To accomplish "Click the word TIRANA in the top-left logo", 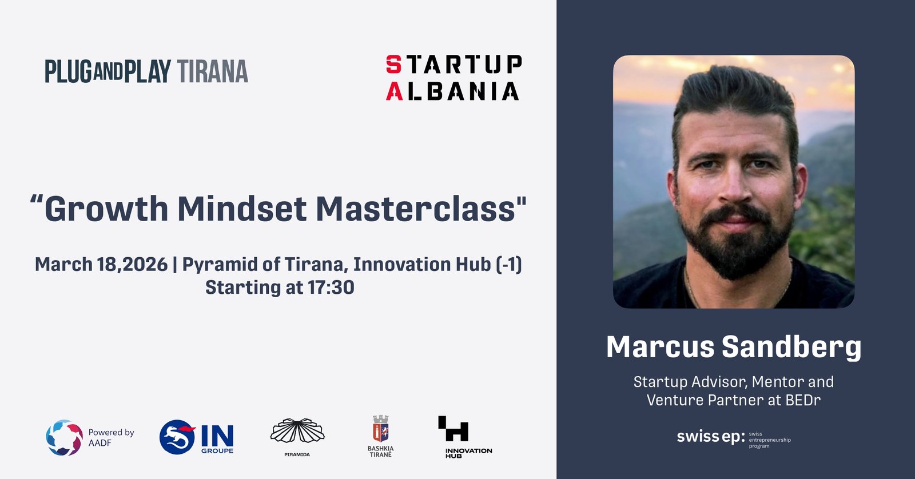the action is pyautogui.click(x=212, y=71).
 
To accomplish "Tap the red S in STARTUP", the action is pyautogui.click(x=394, y=65).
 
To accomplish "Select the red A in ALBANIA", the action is pyautogui.click(x=394, y=91).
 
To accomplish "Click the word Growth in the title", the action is pyautogui.click(x=106, y=209).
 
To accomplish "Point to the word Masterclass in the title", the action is pyautogui.click(x=415, y=209).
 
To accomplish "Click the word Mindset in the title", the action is pyautogui.click(x=242, y=209).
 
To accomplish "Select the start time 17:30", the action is pyautogui.click(x=331, y=287).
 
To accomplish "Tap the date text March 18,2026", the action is pyautogui.click(x=101, y=265).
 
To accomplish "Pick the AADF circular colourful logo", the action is pyautogui.click(x=64, y=437).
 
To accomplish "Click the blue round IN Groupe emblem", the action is pyautogui.click(x=177, y=437).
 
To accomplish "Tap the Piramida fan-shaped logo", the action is pyautogui.click(x=297, y=431).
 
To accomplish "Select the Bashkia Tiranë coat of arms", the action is pyautogui.click(x=380, y=429).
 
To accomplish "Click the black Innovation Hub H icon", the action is pyautogui.click(x=453, y=429).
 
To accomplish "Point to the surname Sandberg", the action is pyautogui.click(x=791, y=348).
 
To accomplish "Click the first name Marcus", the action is pyautogui.click(x=660, y=347).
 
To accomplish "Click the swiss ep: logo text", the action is pyautogui.click(x=711, y=437).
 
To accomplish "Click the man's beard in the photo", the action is pyautogui.click(x=737, y=245).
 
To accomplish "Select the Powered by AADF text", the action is pyautogui.click(x=111, y=437).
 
